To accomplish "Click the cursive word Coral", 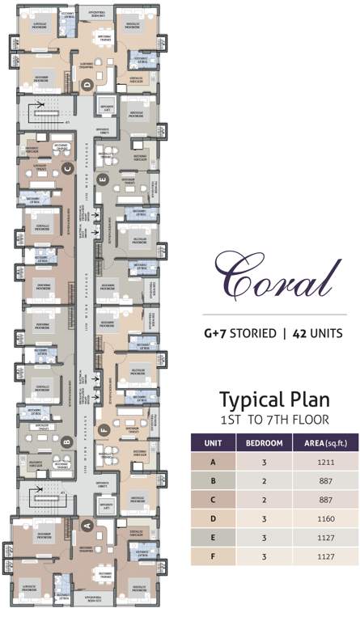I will (273, 277).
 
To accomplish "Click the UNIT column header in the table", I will (213, 443).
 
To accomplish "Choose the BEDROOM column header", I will (265, 443).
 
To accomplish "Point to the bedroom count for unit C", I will (265, 501).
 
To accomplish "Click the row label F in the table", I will (213, 556).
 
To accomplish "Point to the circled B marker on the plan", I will (67, 441).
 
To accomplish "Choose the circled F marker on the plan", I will (102, 431).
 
